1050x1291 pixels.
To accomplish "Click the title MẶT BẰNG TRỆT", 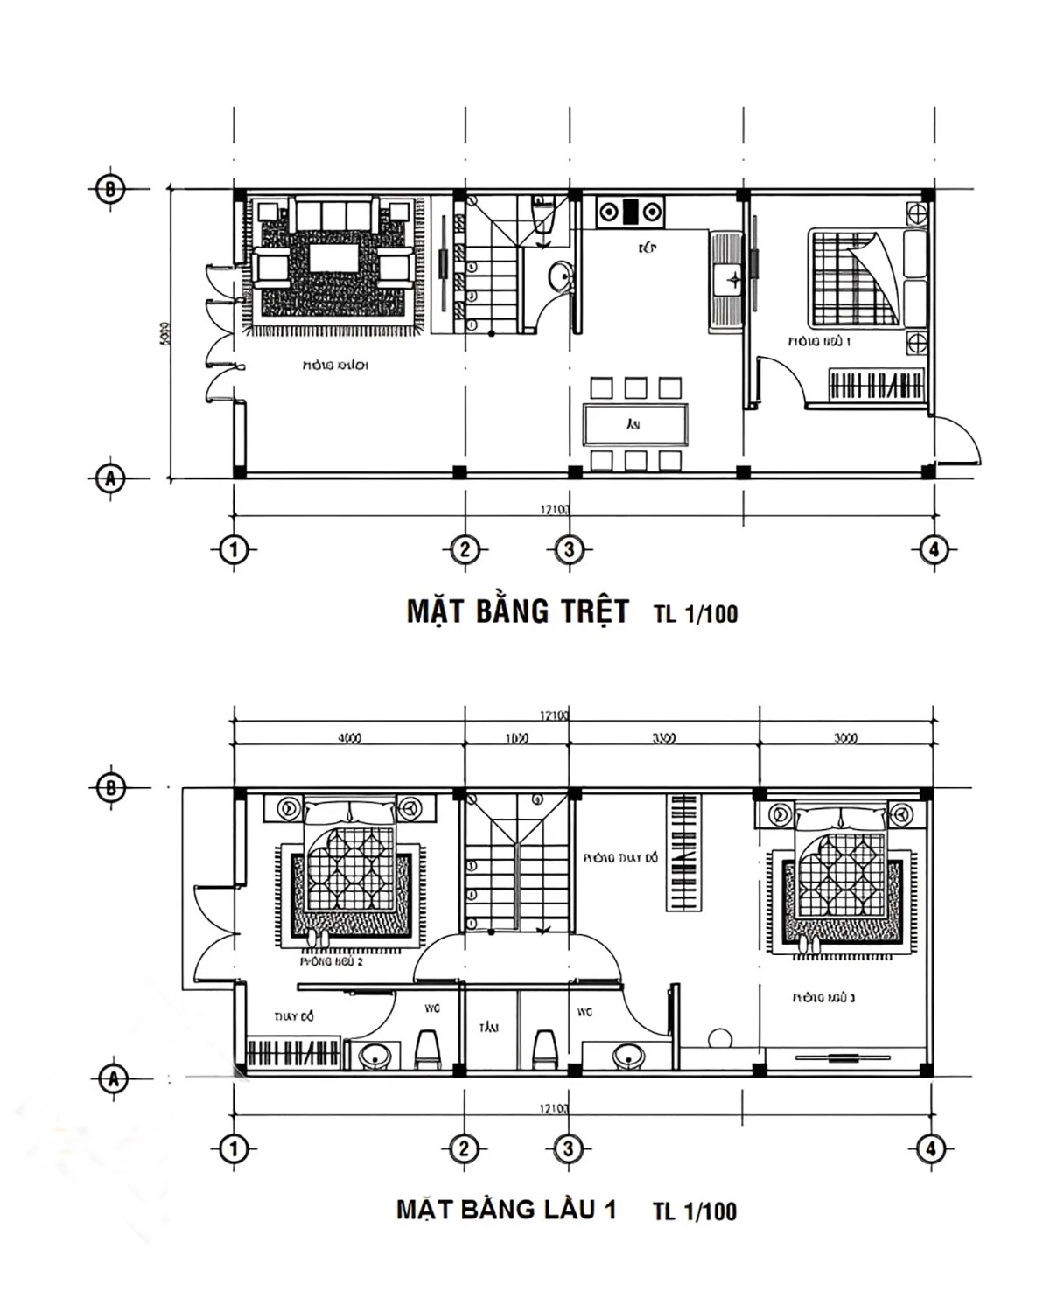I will [x=517, y=611].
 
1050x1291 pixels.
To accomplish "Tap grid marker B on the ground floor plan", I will [x=109, y=189].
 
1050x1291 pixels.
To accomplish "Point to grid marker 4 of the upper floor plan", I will [x=931, y=1148].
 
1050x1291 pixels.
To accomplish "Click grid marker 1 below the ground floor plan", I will [x=233, y=550].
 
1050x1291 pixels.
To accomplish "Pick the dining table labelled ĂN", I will [x=633, y=424].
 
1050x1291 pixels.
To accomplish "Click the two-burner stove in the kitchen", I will [x=630, y=212].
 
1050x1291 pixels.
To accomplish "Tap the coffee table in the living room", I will [x=332, y=260].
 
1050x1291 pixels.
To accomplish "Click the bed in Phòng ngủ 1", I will [x=853, y=277].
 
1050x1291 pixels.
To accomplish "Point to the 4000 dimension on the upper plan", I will [x=349, y=737].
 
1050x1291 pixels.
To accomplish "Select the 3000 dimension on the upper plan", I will [x=845, y=737].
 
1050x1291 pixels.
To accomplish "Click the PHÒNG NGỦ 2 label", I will [x=332, y=961].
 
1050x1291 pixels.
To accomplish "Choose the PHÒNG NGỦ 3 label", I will [x=823, y=997].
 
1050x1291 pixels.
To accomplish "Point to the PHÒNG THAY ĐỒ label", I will [x=620, y=858].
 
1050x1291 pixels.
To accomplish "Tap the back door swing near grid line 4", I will [x=958, y=442].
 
